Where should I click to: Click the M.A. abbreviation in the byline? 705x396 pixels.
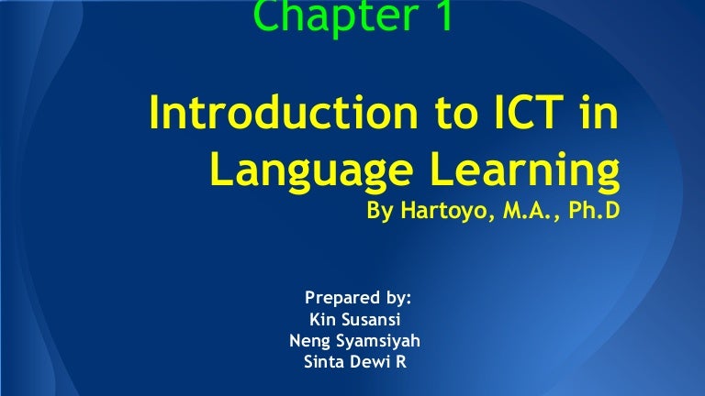click(511, 212)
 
